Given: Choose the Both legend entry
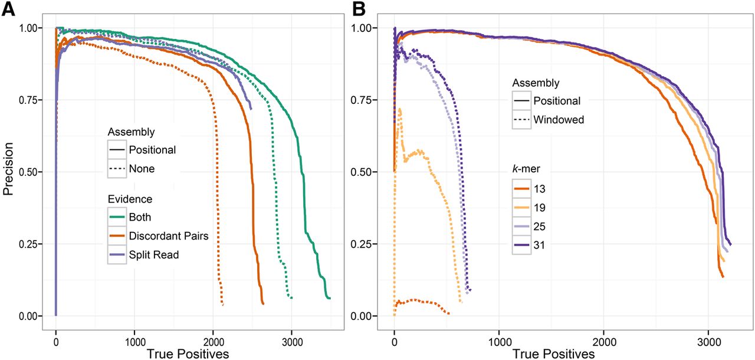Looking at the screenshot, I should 139,217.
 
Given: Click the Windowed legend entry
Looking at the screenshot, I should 558,119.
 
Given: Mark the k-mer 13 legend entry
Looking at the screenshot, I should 538,189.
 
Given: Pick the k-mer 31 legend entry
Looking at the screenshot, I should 538,244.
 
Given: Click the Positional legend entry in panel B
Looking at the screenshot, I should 556,101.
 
